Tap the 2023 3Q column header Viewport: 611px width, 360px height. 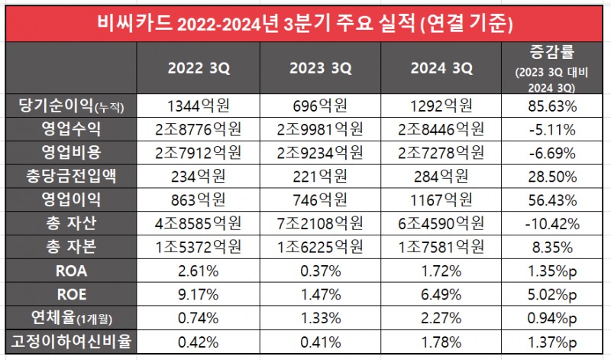coord(320,68)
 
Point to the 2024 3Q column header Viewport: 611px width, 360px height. coord(441,68)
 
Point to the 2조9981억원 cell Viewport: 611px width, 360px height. coord(320,127)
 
